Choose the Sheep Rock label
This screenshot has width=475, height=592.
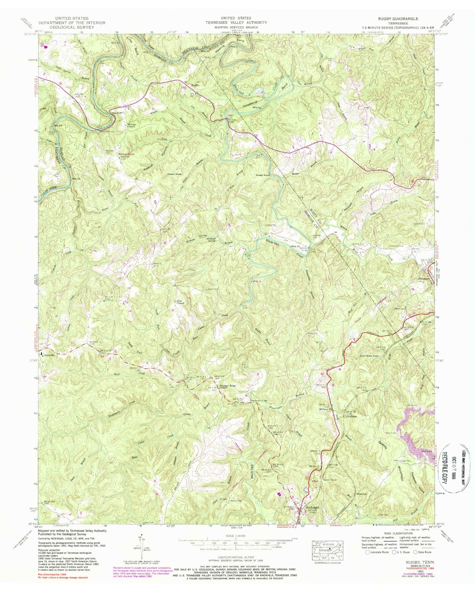click(x=263, y=175)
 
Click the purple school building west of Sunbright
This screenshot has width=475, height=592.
click(x=279, y=494)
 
